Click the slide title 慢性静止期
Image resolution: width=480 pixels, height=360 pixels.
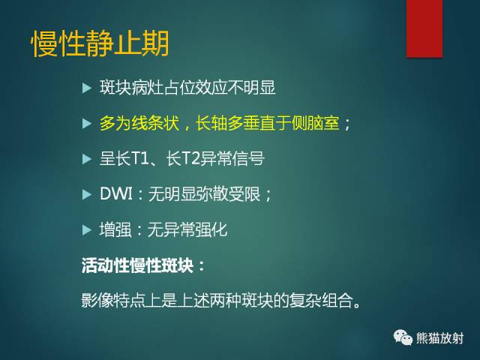pyautogui.click(x=100, y=44)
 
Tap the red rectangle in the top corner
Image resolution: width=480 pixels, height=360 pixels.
pyautogui.click(x=424, y=28)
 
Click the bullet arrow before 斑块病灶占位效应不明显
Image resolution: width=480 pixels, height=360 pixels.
pyautogui.click(x=86, y=88)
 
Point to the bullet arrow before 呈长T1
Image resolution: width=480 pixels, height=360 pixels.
pyautogui.click(x=86, y=159)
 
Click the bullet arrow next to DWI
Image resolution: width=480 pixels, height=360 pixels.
pyautogui.click(x=86, y=194)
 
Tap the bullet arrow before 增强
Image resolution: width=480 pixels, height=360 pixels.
pyautogui.click(x=86, y=229)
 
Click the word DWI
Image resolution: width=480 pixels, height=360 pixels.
pyautogui.click(x=116, y=194)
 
